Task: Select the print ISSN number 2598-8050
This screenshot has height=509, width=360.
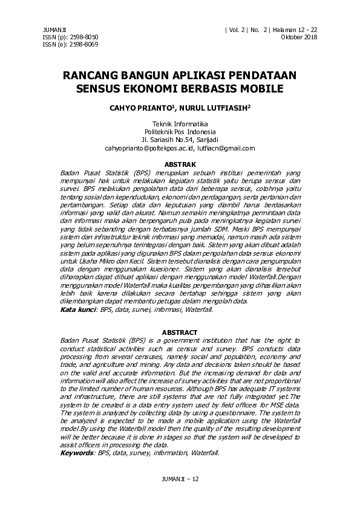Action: pyautogui.click(x=84, y=37)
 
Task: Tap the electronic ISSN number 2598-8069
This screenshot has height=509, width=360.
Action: pyautogui.click(x=84, y=44)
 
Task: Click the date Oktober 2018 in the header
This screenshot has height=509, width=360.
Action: pyautogui.click(x=299, y=37)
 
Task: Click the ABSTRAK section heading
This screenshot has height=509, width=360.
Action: pyautogui.click(x=180, y=164)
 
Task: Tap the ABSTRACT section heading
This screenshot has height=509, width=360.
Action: pyautogui.click(x=180, y=332)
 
